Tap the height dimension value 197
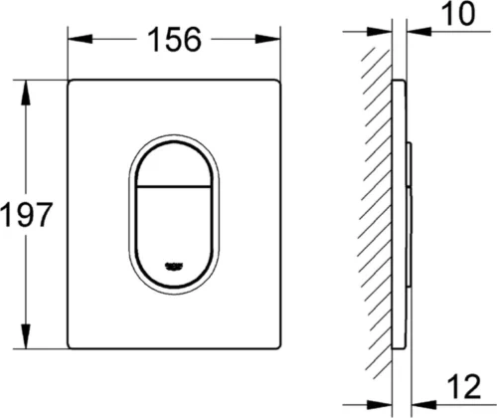tap(25, 212)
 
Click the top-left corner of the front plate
tap(71, 79)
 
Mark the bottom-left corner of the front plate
tap(71, 345)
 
